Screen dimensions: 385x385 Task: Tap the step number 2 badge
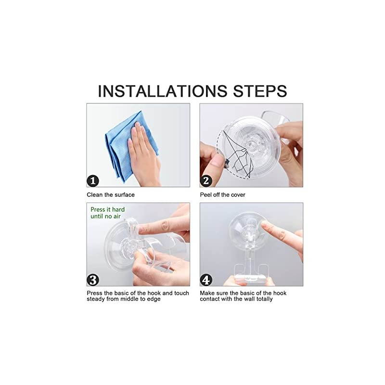tap(206, 181)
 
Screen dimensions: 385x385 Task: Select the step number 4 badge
tap(206, 279)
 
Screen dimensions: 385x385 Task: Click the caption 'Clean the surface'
tap(111, 195)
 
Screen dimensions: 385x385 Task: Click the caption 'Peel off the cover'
tap(223, 195)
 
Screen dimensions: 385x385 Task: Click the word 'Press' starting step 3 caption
tap(95, 293)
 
